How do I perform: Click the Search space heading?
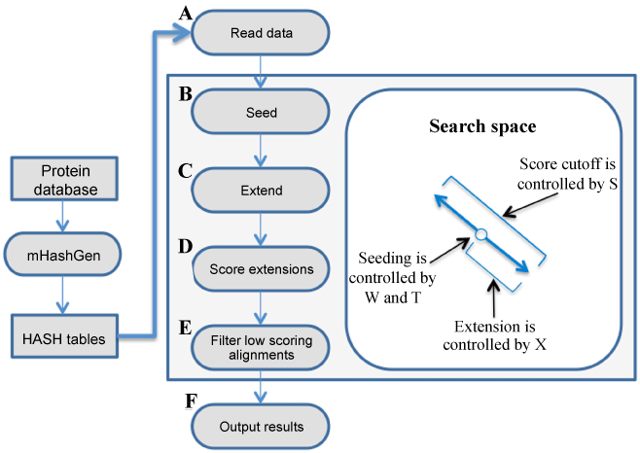[483, 127]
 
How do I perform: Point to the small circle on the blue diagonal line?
[480, 232]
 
